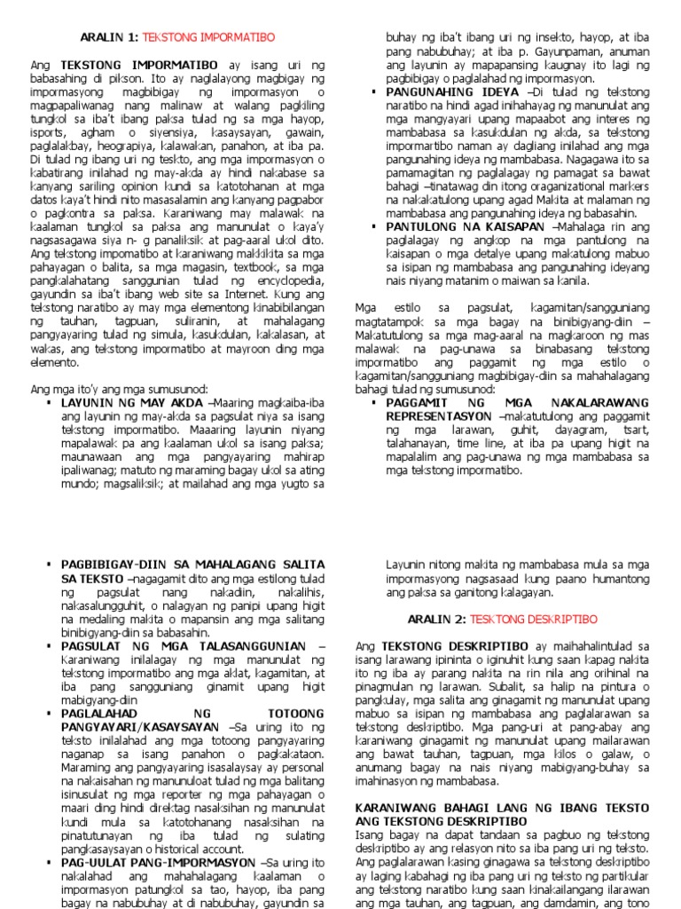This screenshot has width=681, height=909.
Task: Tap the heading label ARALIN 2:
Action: coord(436,618)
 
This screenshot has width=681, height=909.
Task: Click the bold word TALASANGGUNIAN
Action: coord(243,646)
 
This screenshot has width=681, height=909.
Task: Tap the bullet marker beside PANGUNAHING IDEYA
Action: coord(373,92)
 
